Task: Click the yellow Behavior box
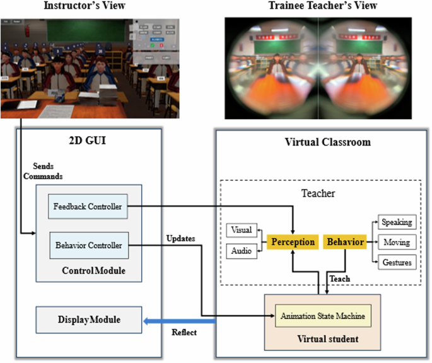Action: point(344,241)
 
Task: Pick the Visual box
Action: point(241,231)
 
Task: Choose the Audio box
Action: point(241,251)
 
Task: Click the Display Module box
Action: point(87,320)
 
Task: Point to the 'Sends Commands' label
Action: point(40,172)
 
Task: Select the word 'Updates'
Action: point(182,239)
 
